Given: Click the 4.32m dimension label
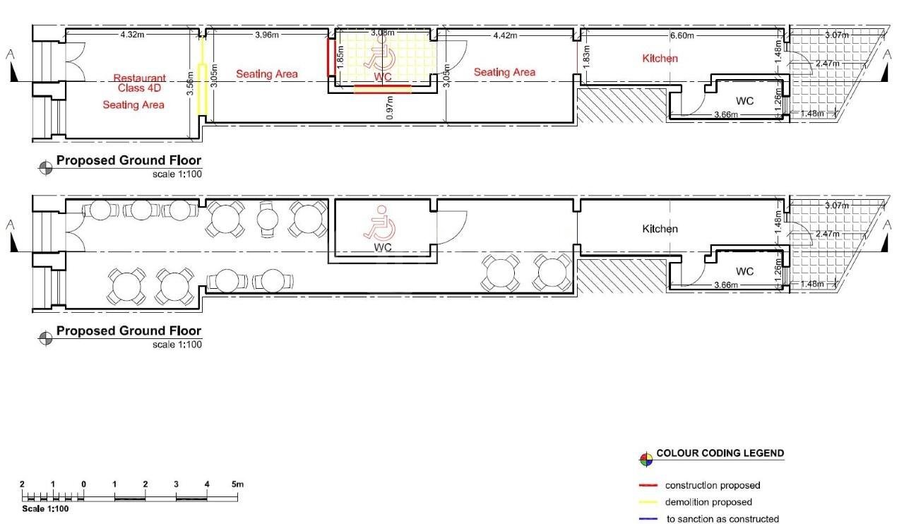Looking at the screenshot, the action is tap(132, 35).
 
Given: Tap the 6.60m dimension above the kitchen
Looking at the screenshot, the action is tap(682, 35).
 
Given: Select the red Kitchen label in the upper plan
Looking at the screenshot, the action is tap(660, 59).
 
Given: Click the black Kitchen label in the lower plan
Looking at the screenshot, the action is tap(660, 229).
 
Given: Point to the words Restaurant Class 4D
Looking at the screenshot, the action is tap(139, 83).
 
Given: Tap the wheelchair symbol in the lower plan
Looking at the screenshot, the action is tap(379, 223).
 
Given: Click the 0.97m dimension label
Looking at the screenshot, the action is tap(389, 107).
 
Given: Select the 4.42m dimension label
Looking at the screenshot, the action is tap(505, 35).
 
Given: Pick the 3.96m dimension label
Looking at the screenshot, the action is tap(267, 35).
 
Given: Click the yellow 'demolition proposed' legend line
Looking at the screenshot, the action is tap(648, 503).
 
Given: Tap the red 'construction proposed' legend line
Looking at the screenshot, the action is tap(648, 485).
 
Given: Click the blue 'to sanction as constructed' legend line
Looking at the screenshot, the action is tap(648, 519).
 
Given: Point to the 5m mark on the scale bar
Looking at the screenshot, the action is tap(238, 484).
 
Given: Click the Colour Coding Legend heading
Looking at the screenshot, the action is tap(720, 453).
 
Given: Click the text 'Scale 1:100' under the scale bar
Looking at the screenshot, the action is tap(45, 508).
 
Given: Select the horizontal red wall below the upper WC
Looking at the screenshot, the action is tap(383, 89).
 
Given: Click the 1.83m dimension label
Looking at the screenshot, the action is tap(586, 56).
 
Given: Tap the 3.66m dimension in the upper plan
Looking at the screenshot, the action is tap(725, 114).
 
